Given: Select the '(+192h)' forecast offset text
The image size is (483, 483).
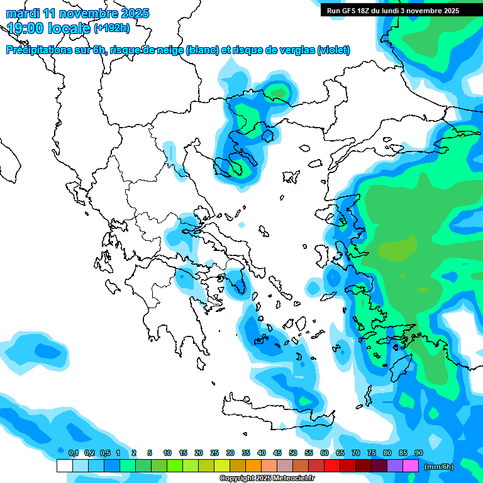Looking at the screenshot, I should [112, 28].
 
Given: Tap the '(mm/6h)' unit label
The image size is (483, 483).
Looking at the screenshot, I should [439, 466].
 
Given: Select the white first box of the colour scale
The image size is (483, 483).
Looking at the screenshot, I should [64, 465].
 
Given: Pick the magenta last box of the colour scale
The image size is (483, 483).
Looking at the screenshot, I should [411, 465].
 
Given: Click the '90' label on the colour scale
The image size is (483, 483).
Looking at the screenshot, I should [418, 453].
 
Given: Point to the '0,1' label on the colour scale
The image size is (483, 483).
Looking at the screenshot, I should [73, 453].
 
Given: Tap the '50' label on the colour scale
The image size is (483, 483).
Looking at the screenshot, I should [293, 453].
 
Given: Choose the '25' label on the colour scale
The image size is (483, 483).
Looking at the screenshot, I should [214, 453].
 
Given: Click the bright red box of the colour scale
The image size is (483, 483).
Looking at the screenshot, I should [332, 465].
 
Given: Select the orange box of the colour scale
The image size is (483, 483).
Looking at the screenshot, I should [253, 465].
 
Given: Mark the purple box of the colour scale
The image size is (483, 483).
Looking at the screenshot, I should [395, 465].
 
